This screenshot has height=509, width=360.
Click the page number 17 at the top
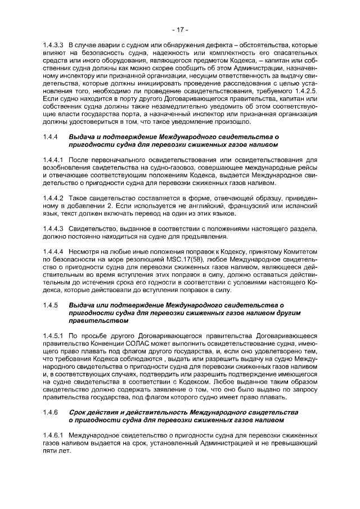click(180, 29)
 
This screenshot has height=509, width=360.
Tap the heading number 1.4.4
click(51, 137)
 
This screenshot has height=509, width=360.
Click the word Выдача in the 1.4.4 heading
click(82, 137)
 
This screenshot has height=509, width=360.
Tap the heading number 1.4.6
click(51, 412)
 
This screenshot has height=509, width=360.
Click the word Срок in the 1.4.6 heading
click(78, 412)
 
